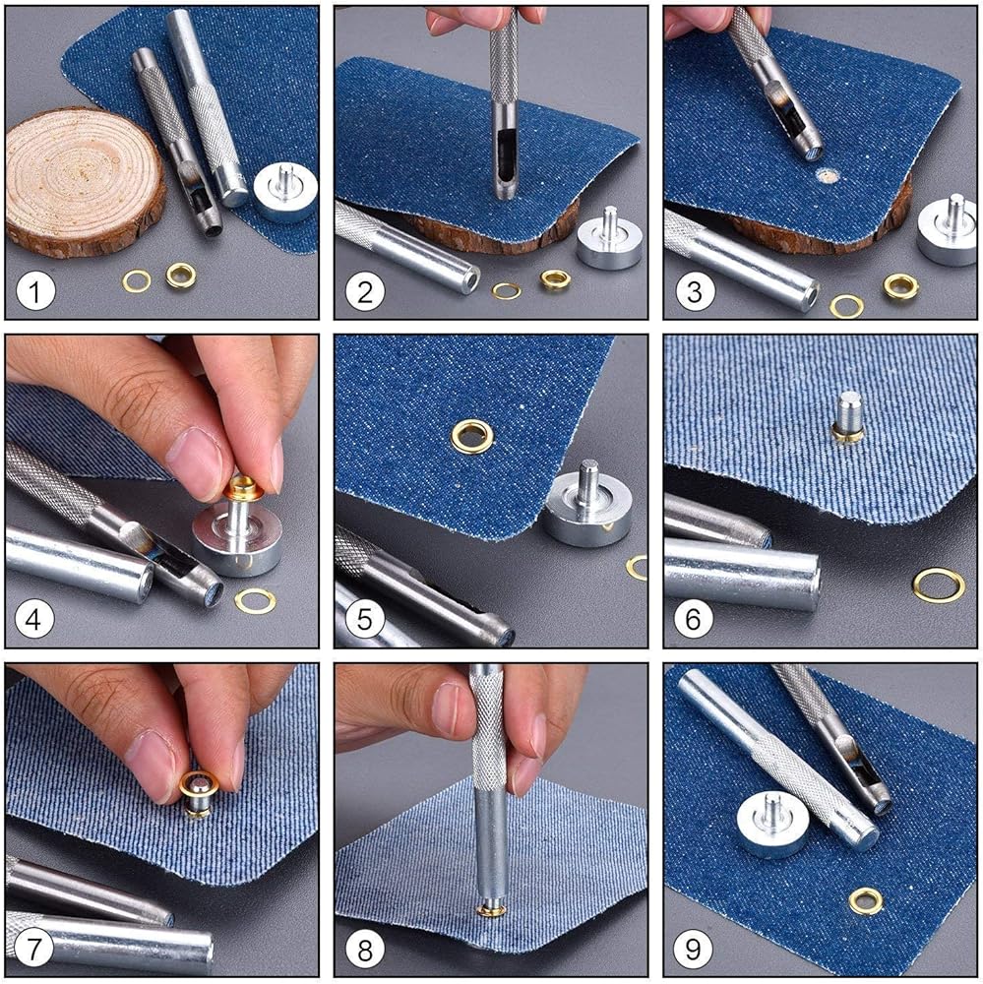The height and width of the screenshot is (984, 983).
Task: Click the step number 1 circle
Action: pos(35,292)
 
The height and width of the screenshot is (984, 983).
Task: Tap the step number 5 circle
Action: pos(365,620)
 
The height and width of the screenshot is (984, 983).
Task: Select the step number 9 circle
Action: pos(693,949)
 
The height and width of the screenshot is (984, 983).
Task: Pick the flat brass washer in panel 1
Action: pos(136,281)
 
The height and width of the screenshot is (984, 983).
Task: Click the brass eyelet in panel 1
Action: pos(181,275)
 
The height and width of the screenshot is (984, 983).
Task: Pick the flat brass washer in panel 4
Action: pos(256,600)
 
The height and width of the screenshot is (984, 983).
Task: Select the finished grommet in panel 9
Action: pos(866,901)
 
